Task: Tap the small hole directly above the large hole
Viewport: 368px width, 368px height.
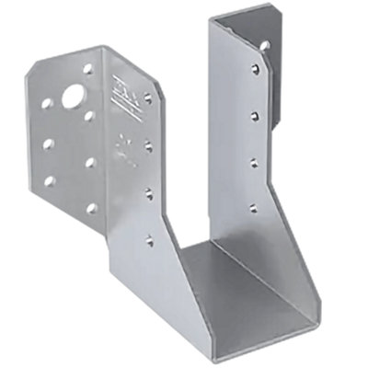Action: click(88, 68)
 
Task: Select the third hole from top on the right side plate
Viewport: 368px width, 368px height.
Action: click(254, 161)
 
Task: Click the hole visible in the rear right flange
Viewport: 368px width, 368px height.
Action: click(265, 43)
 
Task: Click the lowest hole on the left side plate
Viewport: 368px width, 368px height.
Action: click(149, 240)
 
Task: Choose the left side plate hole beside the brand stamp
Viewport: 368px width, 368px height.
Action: click(147, 97)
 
